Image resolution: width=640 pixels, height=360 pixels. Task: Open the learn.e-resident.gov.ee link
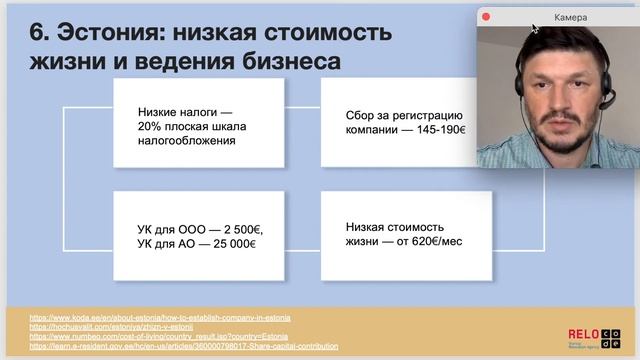point(170,346)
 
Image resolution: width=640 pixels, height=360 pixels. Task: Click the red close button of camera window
point(486,17)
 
